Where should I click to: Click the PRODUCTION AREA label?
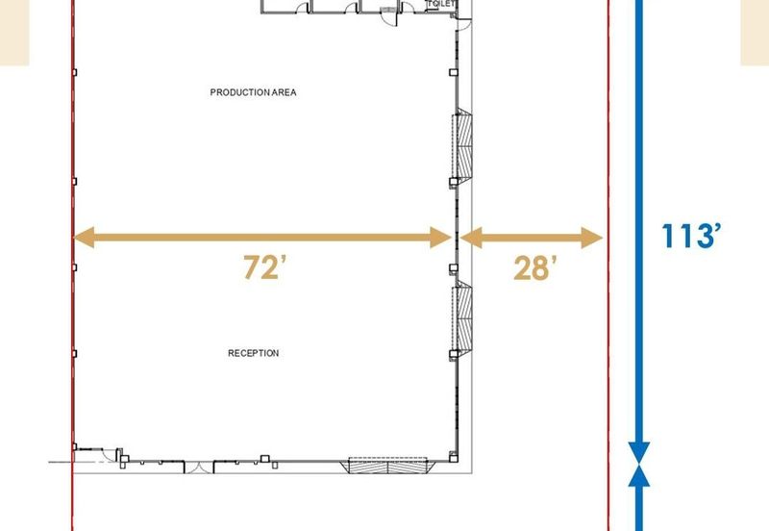pos(253,92)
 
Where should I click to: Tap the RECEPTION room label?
pos(254,353)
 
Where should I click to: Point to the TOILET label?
pos(442,4)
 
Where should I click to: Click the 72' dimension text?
pos(265,267)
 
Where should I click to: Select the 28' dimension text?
pos(535,268)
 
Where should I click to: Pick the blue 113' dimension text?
pos(691,236)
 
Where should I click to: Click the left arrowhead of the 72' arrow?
pos(84,238)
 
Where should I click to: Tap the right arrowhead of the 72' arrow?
pos(440,238)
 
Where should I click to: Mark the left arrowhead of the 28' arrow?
pos(471,238)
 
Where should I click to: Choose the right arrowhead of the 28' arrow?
pos(592,238)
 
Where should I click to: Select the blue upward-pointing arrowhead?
pos(639,475)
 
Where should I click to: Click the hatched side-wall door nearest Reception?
pos(462,318)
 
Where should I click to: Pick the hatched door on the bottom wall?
pos(388,466)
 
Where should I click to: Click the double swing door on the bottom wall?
pos(199,468)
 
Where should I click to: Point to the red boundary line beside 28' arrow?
pos(608,265)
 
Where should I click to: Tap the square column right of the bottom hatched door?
pos(454,459)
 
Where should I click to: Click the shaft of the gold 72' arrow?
pos(262,238)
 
